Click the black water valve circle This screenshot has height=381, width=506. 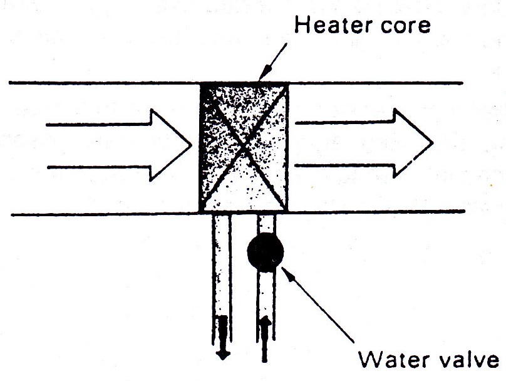pos(266,252)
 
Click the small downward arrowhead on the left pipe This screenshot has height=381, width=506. pos(222,352)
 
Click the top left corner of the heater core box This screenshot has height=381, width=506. pos(200,83)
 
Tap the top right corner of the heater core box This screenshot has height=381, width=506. pos(287,83)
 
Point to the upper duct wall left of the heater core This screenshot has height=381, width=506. pos(100,83)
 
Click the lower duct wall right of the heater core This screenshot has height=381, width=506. pos(376,212)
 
